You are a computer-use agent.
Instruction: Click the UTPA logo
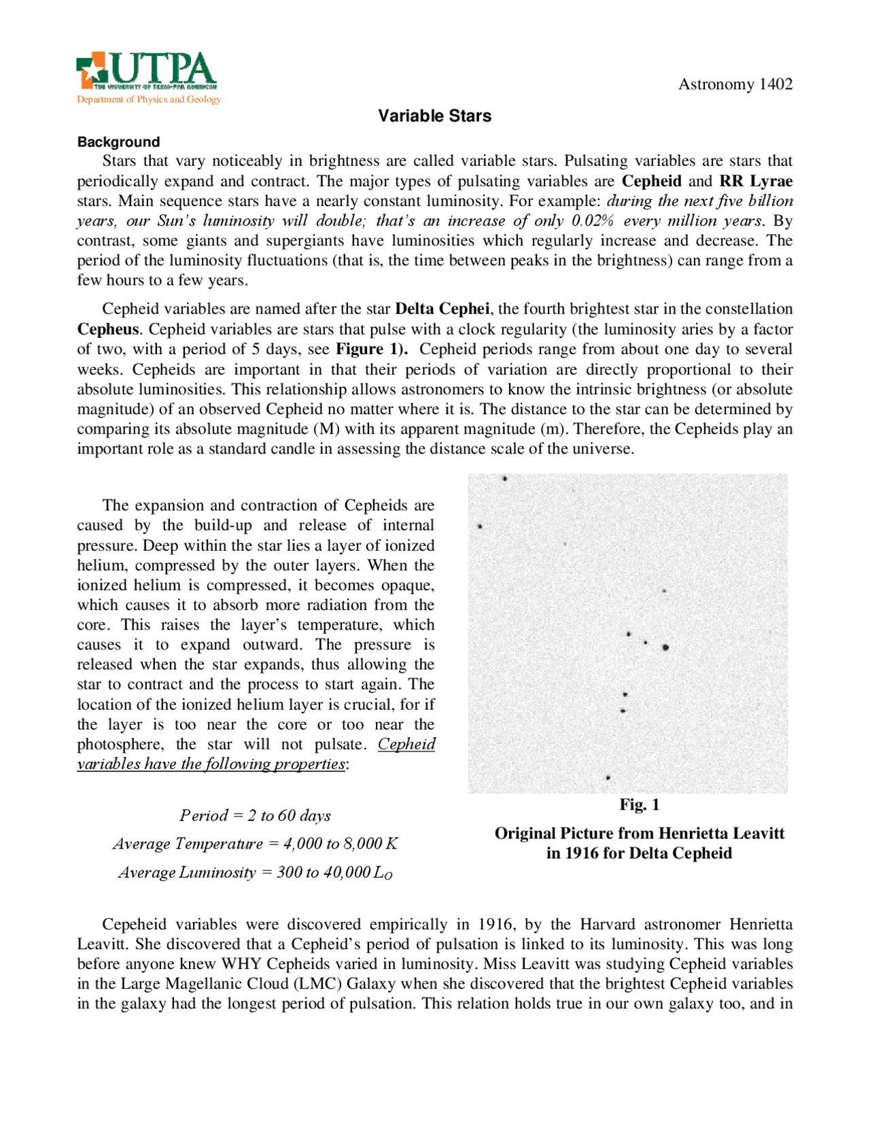coord(147,70)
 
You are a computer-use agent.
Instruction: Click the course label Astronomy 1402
coord(735,84)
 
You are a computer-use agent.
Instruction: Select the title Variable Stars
coord(434,116)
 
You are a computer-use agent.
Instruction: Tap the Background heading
coord(118,142)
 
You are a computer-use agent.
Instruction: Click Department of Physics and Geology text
coord(149,99)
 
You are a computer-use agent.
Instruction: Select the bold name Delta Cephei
coord(442,309)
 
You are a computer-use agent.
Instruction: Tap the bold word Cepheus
coord(107,329)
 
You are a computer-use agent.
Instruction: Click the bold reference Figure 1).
coord(372,349)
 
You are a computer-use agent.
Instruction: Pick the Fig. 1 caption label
coord(639,805)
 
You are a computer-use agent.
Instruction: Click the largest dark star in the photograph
coord(665,647)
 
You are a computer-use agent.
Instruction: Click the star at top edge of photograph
coord(505,479)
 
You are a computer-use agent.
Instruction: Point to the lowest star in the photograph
coord(608,777)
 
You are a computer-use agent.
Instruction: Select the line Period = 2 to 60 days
coord(255,815)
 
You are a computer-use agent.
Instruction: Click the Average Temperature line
coord(255,844)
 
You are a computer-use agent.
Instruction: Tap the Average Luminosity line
coord(255,872)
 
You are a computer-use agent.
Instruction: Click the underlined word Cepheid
coord(406,744)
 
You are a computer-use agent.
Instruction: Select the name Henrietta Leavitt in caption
coord(721,834)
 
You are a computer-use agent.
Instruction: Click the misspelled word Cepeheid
coord(134,924)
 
